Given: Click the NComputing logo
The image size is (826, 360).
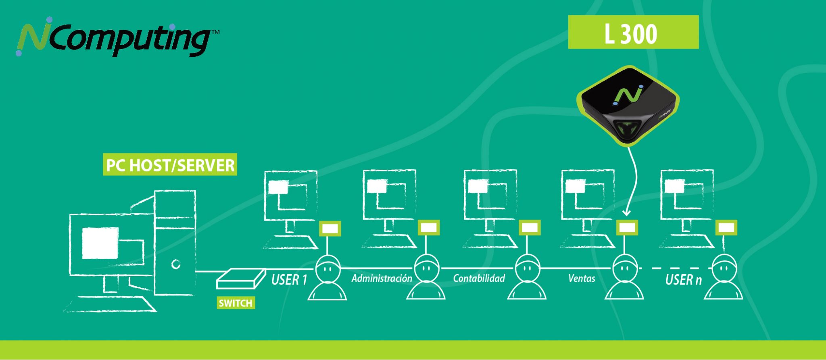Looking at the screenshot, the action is pyautogui.click(x=117, y=37).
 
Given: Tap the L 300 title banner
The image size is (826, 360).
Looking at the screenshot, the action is pyautogui.click(x=633, y=32).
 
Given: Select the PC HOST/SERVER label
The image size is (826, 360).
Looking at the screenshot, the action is pyautogui.click(x=170, y=164).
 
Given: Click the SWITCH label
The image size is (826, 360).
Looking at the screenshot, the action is pyautogui.click(x=236, y=303).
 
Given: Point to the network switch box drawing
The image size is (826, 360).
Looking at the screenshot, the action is pyautogui.click(x=241, y=278).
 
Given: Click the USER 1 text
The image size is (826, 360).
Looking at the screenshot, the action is pyautogui.click(x=289, y=279).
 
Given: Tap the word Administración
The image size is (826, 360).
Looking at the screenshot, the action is pyautogui.click(x=382, y=278).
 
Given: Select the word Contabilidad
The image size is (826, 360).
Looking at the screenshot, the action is pyautogui.click(x=479, y=278).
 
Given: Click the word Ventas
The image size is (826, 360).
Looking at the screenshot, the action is pyautogui.click(x=582, y=278).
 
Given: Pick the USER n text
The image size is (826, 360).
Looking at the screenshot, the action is pyautogui.click(x=683, y=279).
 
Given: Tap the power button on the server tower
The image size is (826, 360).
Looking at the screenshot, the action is pyautogui.click(x=175, y=264).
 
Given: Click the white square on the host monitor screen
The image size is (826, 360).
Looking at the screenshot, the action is pyautogui.click(x=100, y=243).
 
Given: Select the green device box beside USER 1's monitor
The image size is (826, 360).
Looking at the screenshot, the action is pyautogui.click(x=330, y=228).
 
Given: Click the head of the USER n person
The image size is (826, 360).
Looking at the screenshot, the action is pyautogui.click(x=724, y=268).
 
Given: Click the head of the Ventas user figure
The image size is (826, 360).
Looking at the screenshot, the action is pyautogui.click(x=624, y=268).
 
